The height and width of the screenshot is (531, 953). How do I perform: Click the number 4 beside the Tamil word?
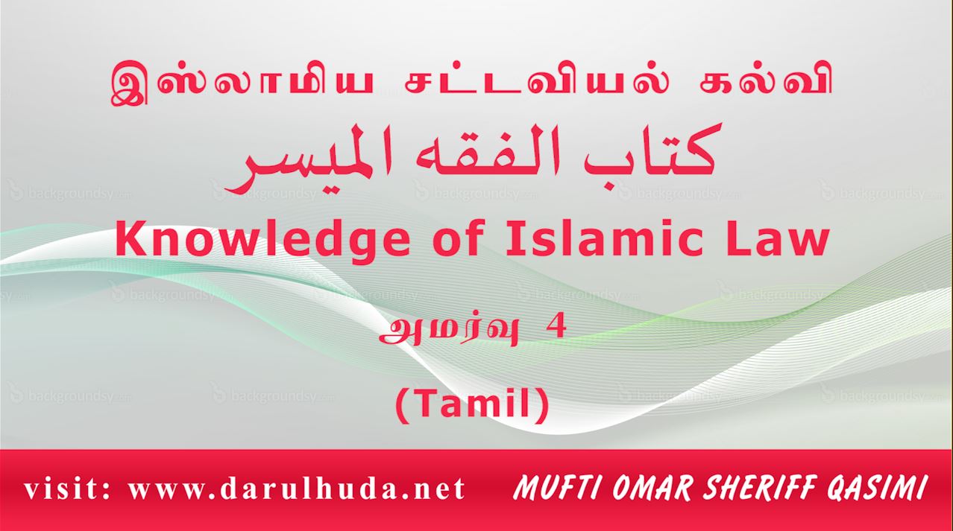click(556, 327)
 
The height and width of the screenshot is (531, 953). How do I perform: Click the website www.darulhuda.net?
click(297, 489)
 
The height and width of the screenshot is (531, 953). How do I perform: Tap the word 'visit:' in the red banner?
click(67, 489)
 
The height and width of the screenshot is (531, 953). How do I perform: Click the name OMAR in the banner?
click(654, 488)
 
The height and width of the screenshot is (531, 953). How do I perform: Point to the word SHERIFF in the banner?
click(759, 488)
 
